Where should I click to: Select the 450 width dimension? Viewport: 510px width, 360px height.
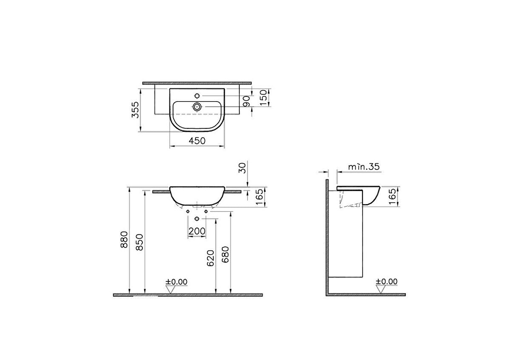tap(197, 141)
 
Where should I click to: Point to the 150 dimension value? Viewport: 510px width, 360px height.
tap(263, 98)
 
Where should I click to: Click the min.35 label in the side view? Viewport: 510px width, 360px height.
tap(363, 167)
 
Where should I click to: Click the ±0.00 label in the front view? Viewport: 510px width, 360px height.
tap(176, 281)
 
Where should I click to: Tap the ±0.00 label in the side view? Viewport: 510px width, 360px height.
tap(387, 281)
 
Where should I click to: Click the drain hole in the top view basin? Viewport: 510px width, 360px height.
tap(197, 107)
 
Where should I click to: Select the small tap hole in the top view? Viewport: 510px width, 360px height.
tap(197, 96)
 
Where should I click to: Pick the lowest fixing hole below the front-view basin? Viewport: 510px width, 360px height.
tap(197, 219)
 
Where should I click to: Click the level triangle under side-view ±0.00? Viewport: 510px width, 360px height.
tap(381, 289)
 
